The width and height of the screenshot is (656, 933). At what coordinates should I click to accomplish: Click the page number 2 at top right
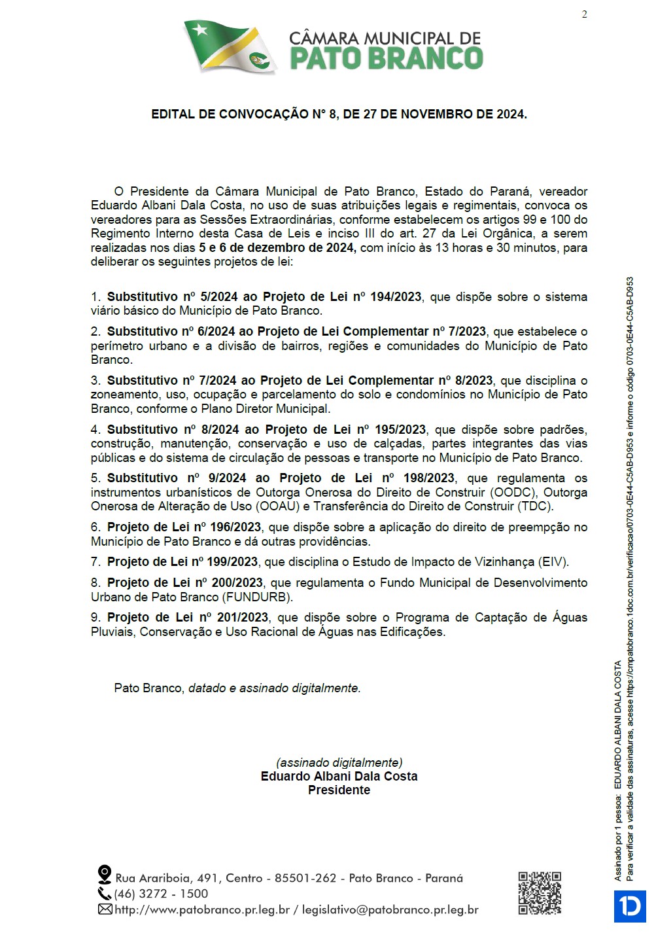click(x=584, y=14)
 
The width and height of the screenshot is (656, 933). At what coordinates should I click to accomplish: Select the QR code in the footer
click(x=540, y=892)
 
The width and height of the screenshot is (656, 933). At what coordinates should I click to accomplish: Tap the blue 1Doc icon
click(x=630, y=906)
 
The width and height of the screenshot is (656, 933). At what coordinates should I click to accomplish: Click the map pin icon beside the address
click(x=104, y=875)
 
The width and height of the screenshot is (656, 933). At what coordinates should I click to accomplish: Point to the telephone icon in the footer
click(x=105, y=893)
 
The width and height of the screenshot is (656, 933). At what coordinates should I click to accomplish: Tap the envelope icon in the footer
click(x=105, y=909)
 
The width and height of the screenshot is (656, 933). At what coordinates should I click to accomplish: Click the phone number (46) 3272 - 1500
click(x=161, y=894)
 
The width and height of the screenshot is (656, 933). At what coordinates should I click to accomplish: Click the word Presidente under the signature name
click(x=339, y=790)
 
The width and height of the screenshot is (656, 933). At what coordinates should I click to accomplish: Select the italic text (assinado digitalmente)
click(x=339, y=762)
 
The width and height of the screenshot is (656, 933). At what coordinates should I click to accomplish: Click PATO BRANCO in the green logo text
click(x=386, y=58)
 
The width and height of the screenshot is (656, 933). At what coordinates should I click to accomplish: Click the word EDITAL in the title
click(x=173, y=114)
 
